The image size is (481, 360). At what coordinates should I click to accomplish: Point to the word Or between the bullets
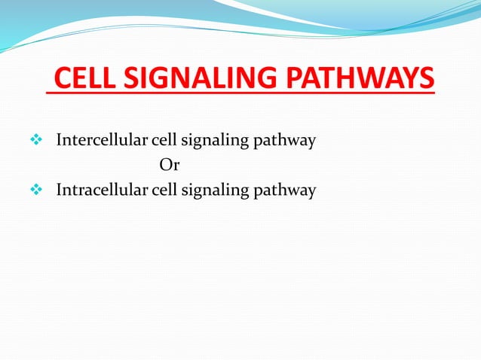pyautogui.click(x=169, y=165)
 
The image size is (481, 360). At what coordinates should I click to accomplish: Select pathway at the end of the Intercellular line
pyautogui.click(x=289, y=141)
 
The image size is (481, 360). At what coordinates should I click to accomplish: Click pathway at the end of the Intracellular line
pyautogui.click(x=289, y=191)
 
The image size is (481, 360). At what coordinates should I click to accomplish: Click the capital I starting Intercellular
pyautogui.click(x=59, y=140)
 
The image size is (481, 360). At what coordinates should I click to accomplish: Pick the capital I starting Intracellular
pyautogui.click(x=59, y=191)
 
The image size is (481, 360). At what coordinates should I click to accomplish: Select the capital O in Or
pyautogui.click(x=165, y=165)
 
